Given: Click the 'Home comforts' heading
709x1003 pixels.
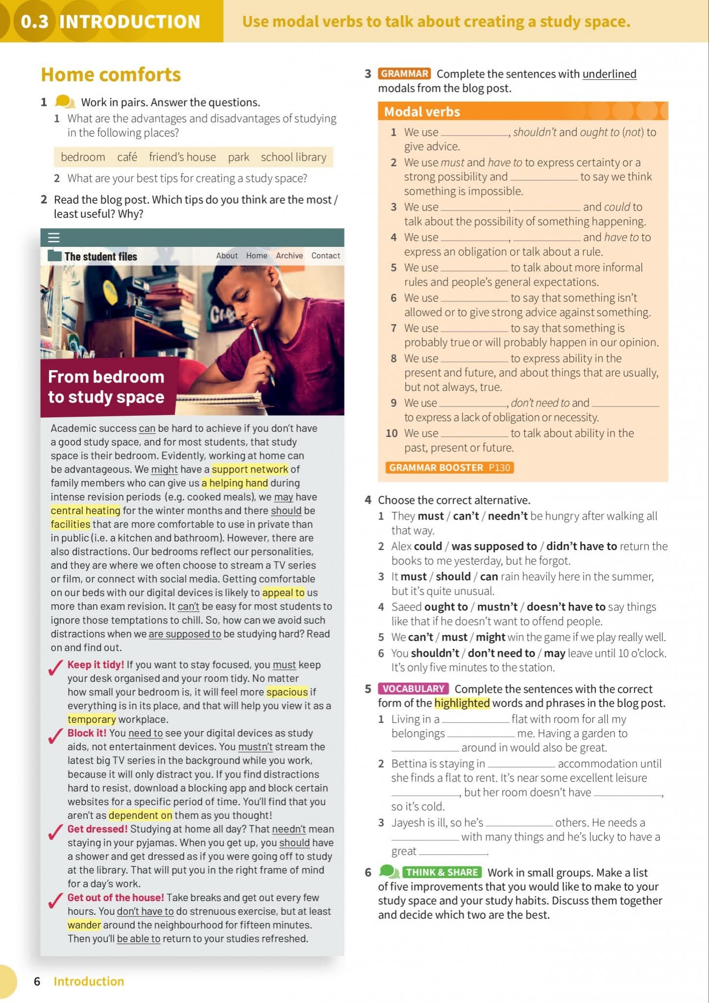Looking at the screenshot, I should [111, 75].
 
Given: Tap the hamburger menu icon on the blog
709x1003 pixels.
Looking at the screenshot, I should [54, 238].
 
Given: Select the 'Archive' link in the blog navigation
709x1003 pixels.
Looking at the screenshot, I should [289, 256].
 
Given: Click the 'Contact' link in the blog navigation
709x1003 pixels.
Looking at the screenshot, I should [325, 256].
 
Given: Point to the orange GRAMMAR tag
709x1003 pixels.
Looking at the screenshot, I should [404, 74].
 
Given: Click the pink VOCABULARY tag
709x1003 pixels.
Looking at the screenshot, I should [413, 689].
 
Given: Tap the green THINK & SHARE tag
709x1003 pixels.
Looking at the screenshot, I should [442, 872].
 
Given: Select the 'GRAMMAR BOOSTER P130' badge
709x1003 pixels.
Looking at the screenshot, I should [449, 468].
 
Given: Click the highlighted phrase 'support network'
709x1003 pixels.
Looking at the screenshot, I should [250, 469].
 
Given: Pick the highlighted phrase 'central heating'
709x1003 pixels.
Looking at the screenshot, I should [86, 510].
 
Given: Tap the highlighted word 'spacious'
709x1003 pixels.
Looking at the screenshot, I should [287, 692].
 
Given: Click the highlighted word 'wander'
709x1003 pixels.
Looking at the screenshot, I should [84, 925].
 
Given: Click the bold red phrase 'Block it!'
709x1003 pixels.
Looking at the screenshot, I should [87, 733].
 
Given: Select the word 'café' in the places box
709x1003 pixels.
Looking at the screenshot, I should [127, 157].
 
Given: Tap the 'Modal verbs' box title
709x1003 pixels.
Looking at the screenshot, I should [422, 112].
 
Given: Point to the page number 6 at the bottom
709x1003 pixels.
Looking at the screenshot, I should [37, 981].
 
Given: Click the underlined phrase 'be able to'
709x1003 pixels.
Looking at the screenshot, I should [139, 939].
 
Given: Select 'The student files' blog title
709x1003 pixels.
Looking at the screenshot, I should [100, 257].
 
